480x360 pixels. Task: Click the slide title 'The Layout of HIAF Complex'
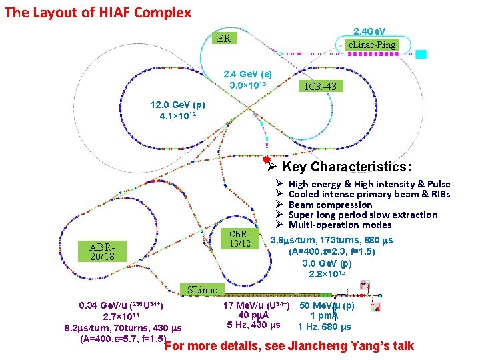pos(98,12)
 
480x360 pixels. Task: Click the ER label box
pos(224,39)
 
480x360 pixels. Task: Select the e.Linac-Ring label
pos(373,45)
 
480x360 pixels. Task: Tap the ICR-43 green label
pos(323,86)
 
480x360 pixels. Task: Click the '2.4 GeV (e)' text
pos(247,74)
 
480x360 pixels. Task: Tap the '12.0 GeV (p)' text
pos(178,105)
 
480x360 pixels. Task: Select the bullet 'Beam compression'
pos(330,205)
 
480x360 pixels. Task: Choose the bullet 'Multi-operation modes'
pos(340,225)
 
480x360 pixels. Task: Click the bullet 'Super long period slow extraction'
pos(363,215)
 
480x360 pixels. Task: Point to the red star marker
pos(267,160)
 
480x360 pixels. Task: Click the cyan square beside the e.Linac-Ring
pos(421,54)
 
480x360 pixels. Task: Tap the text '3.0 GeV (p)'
pos(327,263)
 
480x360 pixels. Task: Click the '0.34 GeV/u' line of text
pos(121,305)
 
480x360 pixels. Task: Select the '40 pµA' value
pos(253,315)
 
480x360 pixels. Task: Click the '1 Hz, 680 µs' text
pos(324,327)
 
